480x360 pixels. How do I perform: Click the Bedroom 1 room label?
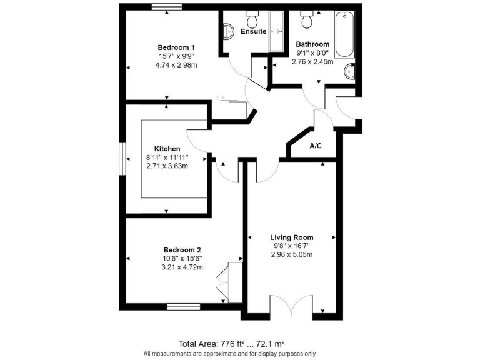176,47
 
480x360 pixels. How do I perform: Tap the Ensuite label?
253,31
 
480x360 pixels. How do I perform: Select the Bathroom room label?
312,44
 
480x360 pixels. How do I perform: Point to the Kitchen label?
167,149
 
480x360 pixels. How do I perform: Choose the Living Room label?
292,237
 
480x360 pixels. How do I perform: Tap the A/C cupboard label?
316,146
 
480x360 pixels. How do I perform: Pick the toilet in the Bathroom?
307,20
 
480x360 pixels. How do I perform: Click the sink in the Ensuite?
227,31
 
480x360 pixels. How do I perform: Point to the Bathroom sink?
351,73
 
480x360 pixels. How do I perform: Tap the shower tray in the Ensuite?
276,31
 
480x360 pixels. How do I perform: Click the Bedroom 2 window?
183,306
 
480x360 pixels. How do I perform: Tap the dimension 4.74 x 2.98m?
176,65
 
